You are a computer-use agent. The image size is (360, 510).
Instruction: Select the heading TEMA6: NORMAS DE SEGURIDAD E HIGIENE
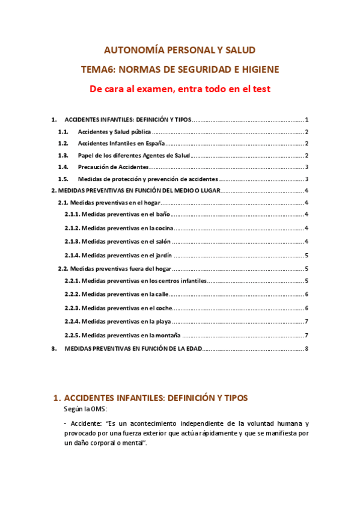point(180,69)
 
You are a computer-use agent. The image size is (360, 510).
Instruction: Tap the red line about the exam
point(180,89)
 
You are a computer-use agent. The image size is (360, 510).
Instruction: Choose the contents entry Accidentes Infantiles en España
point(121,144)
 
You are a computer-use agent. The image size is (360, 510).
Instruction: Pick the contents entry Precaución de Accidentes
point(113,167)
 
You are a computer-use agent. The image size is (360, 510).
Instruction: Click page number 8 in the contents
point(307,349)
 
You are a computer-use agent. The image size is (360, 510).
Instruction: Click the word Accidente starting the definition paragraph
point(85,423)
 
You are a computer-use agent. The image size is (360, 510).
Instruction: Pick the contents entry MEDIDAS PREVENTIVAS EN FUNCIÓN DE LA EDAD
point(133,349)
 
